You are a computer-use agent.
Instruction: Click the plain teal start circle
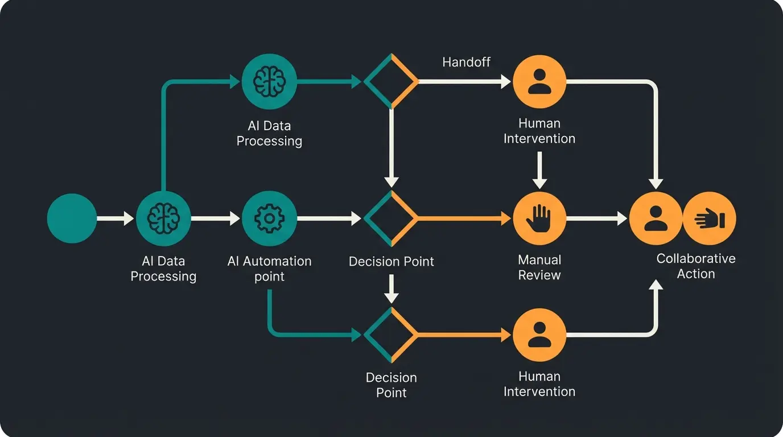(72, 218)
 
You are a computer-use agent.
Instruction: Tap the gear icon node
(269, 218)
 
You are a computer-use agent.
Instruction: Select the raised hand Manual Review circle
(539, 218)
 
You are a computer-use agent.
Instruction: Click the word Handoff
(466, 62)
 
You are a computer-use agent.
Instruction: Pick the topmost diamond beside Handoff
(391, 81)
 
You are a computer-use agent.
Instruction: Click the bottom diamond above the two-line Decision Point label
(391, 335)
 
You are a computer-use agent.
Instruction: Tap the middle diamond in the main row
(391, 218)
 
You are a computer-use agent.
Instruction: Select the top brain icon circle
(269, 81)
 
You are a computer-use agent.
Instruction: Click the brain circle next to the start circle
(163, 218)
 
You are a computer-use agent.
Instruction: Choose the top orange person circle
(539, 81)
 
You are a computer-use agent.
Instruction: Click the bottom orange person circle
(539, 335)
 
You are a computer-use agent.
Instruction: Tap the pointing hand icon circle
(709, 218)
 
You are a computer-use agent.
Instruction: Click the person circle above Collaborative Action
(656, 218)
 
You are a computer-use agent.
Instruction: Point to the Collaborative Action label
(695, 266)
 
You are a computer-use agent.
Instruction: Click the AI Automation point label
(269, 269)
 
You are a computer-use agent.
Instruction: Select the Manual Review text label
(539, 267)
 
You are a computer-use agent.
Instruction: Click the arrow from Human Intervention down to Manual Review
(539, 171)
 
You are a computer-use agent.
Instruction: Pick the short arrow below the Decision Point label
(391, 289)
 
